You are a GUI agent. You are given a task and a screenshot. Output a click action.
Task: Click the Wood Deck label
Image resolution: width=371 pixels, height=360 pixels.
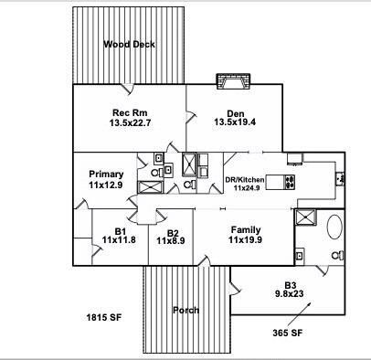(x=129, y=43)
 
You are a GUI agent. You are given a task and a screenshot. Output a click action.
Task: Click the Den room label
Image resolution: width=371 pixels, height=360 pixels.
(x=236, y=112)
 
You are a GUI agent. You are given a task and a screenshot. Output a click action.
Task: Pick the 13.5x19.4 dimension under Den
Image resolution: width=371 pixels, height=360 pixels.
(x=236, y=122)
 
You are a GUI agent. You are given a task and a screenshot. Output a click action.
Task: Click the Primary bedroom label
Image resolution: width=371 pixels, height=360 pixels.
(x=106, y=174)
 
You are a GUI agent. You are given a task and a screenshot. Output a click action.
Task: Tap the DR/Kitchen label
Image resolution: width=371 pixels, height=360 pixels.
(x=249, y=179)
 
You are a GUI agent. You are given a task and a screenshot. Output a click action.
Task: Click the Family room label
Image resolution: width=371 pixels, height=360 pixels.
(x=245, y=229)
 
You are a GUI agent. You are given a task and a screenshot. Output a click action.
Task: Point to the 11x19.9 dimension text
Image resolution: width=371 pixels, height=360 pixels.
(x=245, y=239)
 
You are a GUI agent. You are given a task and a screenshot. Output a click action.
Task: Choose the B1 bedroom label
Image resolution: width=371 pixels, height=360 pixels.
(x=120, y=229)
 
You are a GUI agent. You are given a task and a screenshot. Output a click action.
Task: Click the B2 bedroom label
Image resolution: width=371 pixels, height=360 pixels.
(x=173, y=230)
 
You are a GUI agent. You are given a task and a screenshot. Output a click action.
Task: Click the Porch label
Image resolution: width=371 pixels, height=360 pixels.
(x=185, y=311)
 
